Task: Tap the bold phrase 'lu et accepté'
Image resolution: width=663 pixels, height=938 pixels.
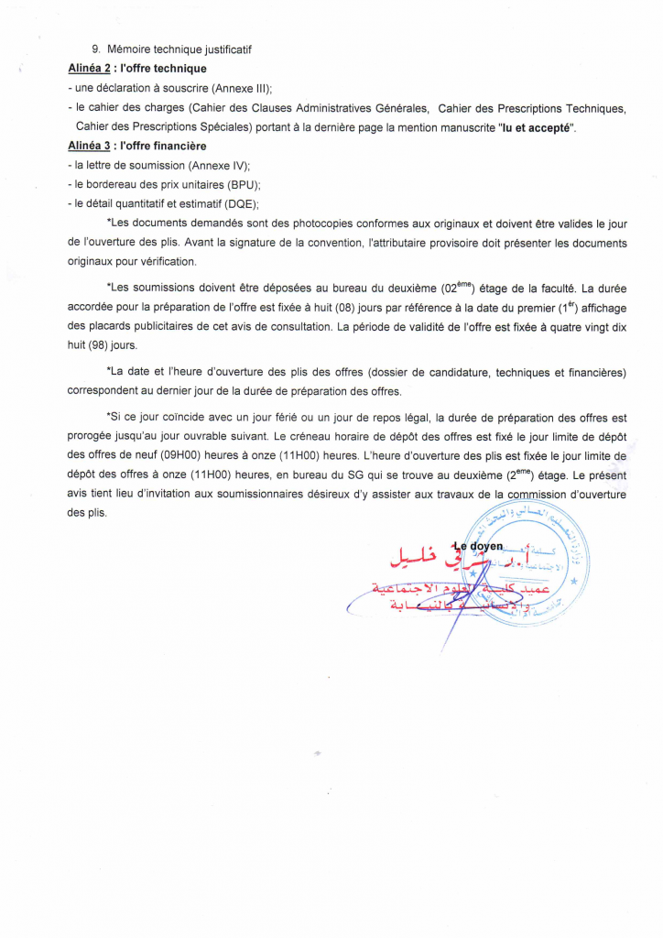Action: pos(537,126)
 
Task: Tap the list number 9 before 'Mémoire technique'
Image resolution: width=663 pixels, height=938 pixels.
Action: pos(95,49)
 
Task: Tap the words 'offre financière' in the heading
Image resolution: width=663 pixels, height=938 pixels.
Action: pos(164,146)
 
